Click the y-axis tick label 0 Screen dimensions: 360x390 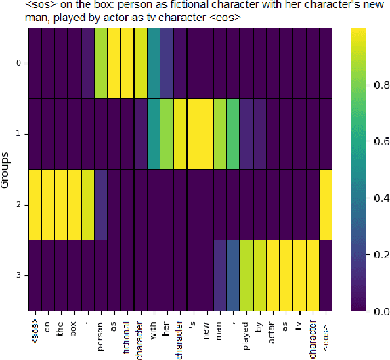[x=18, y=64]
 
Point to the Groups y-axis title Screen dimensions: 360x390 [x=5, y=169]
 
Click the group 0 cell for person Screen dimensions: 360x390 [x=100, y=64]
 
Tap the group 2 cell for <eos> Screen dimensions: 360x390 [x=326, y=204]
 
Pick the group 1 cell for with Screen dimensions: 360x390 [x=154, y=134]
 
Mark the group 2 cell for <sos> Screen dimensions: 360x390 [x=35, y=204]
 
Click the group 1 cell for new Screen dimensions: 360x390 [x=207, y=134]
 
